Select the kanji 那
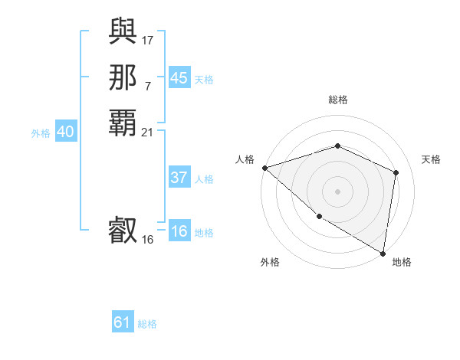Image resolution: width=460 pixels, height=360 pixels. [123, 77]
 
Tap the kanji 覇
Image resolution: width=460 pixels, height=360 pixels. [123, 123]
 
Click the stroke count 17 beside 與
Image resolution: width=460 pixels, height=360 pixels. [148, 39]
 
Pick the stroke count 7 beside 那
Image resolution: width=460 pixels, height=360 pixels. [148, 86]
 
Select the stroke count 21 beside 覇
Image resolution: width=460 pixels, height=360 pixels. [148, 133]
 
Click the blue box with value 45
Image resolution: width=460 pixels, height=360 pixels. [179, 78]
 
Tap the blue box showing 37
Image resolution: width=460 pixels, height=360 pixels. [179, 178]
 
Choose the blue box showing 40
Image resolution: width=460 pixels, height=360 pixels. [65, 133]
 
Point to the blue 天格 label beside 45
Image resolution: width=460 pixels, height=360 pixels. [204, 80]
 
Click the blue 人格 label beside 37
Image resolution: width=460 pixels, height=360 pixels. [204, 179]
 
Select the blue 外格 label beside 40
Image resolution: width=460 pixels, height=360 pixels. [41, 133]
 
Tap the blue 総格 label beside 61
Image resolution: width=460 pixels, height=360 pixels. [147, 324]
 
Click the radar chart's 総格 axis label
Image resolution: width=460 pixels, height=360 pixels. [338, 100]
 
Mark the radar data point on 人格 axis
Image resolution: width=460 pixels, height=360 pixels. [264, 168]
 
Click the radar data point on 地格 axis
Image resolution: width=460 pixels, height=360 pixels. [383, 254]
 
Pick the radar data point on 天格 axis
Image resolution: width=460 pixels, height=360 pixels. [396, 172]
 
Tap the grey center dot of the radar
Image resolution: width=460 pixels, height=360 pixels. [338, 191]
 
